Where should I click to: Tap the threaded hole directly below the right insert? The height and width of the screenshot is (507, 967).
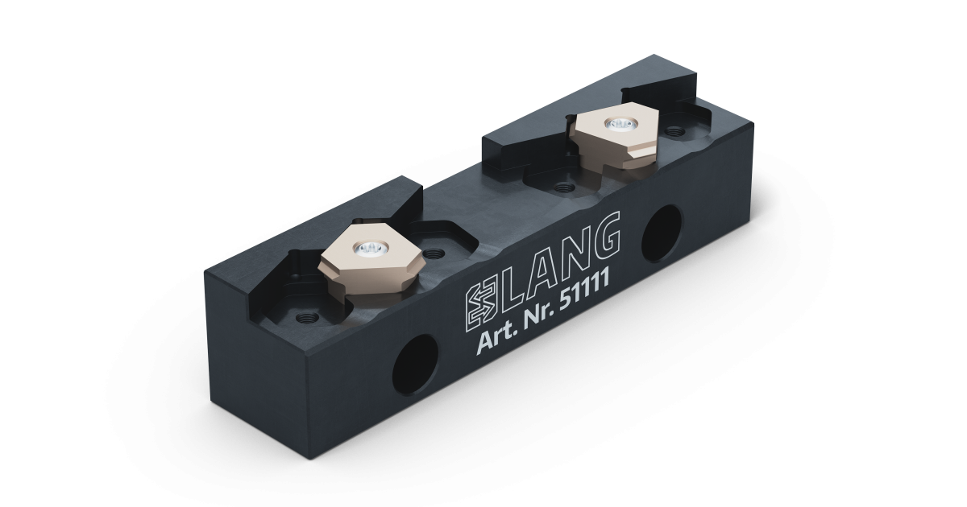(562, 187)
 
